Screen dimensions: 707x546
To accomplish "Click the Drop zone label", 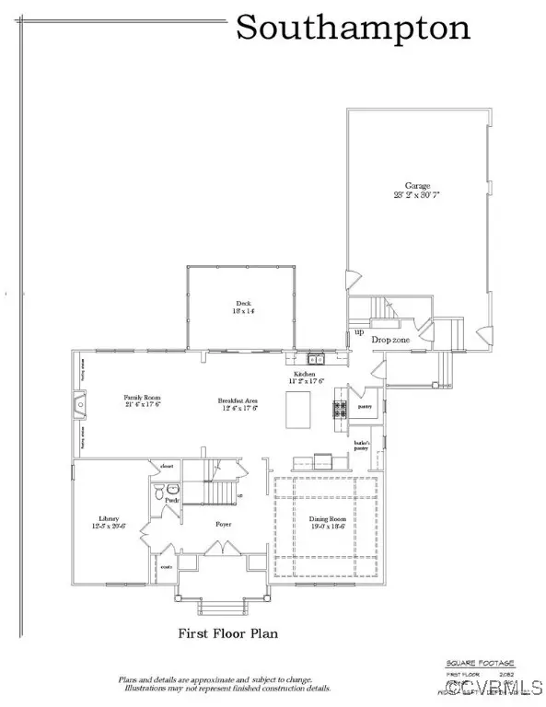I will [x=389, y=341].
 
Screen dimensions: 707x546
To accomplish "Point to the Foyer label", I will [x=224, y=524].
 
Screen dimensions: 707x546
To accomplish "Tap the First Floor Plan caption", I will [x=227, y=633].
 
